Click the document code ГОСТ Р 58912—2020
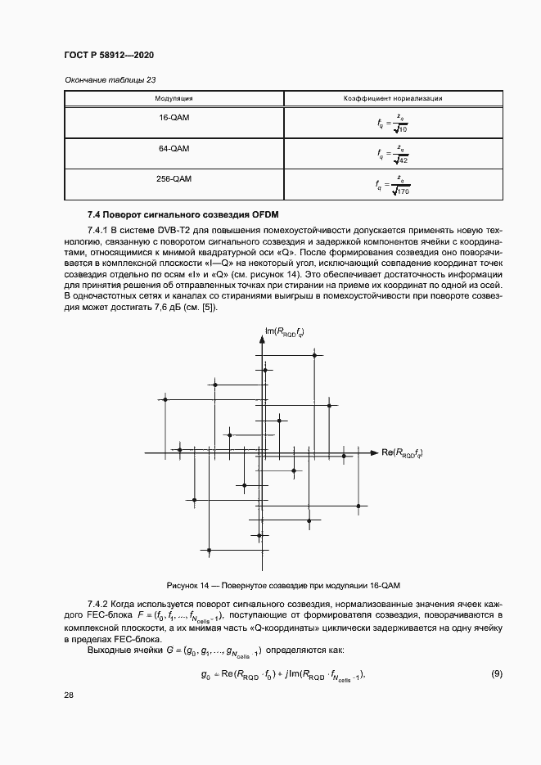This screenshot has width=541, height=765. pyautogui.click(x=109, y=55)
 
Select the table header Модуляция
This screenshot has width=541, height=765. pyautogui.click(x=174, y=98)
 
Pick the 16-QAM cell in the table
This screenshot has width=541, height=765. pyautogui.click(x=174, y=118)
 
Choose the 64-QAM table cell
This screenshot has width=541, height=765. pyautogui.click(x=174, y=148)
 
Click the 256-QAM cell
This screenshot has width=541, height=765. pyautogui.click(x=174, y=178)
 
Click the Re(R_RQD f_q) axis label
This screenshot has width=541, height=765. pyautogui.click(x=402, y=452)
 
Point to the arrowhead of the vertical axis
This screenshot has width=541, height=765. pyautogui.click(x=263, y=337)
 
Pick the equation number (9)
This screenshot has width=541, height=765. pyautogui.click(x=496, y=673)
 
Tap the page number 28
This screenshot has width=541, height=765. pyautogui.click(x=69, y=695)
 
